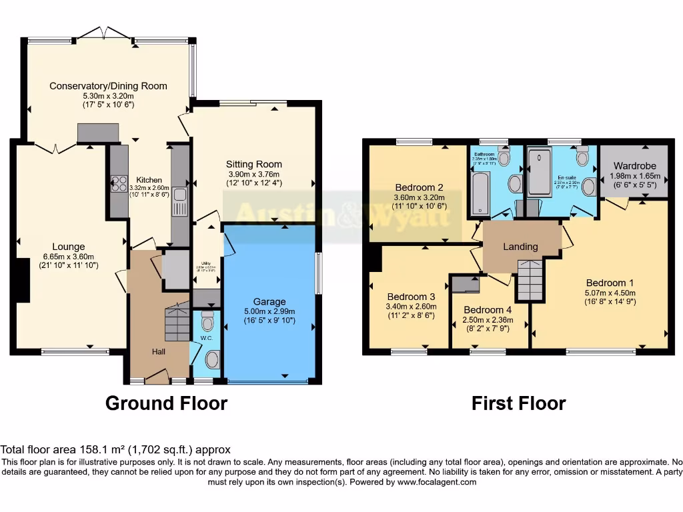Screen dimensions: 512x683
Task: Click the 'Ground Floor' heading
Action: point(166,403)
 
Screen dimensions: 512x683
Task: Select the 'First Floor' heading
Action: point(518,403)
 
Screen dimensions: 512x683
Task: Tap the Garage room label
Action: point(269,301)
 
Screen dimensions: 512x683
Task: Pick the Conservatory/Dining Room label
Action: point(108,86)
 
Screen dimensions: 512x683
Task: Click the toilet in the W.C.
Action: point(207,321)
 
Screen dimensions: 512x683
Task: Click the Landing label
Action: point(520,247)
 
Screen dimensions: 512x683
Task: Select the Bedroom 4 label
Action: point(488,310)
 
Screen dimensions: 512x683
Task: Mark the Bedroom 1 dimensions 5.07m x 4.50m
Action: point(610,293)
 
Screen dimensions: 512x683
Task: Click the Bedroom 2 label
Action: point(419,187)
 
